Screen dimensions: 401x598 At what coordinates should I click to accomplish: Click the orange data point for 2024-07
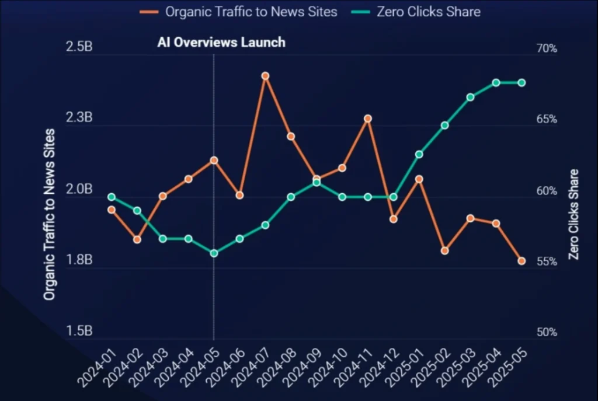[265, 76]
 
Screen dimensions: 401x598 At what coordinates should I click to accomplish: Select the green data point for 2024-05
[214, 253]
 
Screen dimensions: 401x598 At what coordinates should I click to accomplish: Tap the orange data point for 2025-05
[521, 261]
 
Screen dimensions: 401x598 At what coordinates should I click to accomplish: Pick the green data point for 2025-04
[496, 83]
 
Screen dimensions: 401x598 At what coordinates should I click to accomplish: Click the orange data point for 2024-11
[368, 118]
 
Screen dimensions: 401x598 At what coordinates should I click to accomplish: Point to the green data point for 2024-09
[317, 183]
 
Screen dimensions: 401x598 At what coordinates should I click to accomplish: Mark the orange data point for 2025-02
[445, 250]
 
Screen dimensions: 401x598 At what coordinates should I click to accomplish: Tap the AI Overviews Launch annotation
[221, 42]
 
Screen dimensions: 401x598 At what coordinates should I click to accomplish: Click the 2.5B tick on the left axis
[79, 48]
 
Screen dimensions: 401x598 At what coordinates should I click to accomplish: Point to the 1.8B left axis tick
[79, 260]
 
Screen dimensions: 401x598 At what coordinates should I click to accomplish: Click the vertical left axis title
[50, 215]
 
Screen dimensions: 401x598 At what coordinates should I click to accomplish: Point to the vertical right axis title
[575, 215]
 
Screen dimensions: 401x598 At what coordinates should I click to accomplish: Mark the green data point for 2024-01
[112, 197]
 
